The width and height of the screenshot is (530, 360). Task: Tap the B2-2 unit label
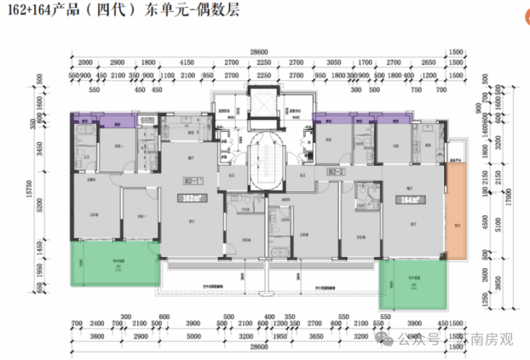[337, 172]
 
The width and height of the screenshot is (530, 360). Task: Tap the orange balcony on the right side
[456, 211]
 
